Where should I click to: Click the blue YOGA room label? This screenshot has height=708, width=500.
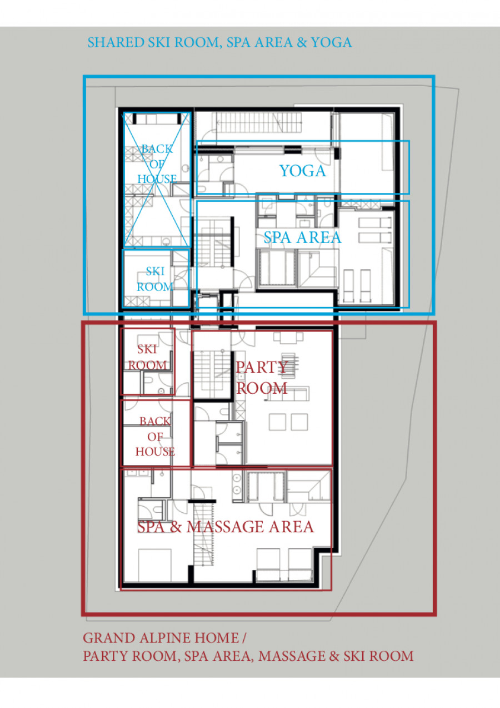(302, 171)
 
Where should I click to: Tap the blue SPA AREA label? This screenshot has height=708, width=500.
(302, 237)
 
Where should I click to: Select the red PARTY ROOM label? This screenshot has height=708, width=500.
(262, 378)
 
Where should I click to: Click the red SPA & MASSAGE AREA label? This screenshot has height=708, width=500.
(226, 527)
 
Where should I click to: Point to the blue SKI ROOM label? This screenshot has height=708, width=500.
(154, 279)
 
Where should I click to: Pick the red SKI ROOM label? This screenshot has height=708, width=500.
(147, 357)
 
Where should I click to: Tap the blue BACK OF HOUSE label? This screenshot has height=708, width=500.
(157, 164)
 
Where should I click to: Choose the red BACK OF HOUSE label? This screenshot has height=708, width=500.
(155, 437)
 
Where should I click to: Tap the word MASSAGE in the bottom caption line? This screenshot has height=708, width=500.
(292, 656)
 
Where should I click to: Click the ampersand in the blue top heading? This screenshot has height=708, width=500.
(302, 42)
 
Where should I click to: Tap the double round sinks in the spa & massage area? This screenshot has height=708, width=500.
(237, 484)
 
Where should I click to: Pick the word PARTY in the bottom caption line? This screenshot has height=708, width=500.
(105, 656)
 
